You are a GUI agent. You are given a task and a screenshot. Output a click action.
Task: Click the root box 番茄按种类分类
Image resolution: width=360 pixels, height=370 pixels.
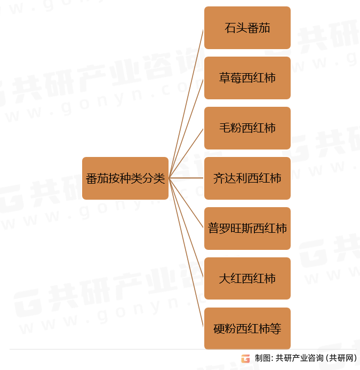[125, 178]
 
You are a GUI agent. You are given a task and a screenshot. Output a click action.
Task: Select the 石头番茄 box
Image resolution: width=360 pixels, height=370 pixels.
[247, 28]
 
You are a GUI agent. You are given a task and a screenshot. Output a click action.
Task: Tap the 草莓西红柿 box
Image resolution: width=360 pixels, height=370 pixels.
[247, 78]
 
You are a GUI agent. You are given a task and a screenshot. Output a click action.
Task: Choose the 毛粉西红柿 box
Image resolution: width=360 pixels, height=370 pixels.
[247, 128]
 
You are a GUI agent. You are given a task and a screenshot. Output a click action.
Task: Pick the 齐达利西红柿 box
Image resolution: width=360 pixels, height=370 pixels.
[247, 178]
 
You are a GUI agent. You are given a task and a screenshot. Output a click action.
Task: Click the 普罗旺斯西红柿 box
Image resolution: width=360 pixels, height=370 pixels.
[247, 229]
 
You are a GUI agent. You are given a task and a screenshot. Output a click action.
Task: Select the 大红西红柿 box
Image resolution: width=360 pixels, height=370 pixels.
[247, 279]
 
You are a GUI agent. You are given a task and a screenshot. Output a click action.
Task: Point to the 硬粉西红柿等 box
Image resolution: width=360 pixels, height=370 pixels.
[247, 329]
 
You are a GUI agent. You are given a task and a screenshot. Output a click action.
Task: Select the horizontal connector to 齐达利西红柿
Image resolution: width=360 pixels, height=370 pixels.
[187, 178]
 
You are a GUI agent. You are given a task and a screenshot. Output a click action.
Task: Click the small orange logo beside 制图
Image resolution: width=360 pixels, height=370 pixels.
[245, 358]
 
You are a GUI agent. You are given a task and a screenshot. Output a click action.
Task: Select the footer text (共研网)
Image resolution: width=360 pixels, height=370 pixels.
[341, 358]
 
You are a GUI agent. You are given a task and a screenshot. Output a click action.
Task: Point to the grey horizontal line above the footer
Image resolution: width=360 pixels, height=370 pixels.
[107, 350]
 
